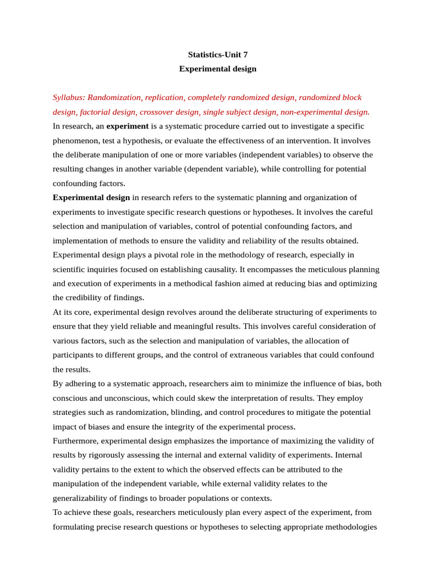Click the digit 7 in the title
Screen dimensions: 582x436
coord(245,55)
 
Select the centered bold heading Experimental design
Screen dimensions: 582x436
coord(218,69)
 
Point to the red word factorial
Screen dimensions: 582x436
coord(93,112)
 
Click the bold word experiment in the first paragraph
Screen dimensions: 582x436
coord(127,126)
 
